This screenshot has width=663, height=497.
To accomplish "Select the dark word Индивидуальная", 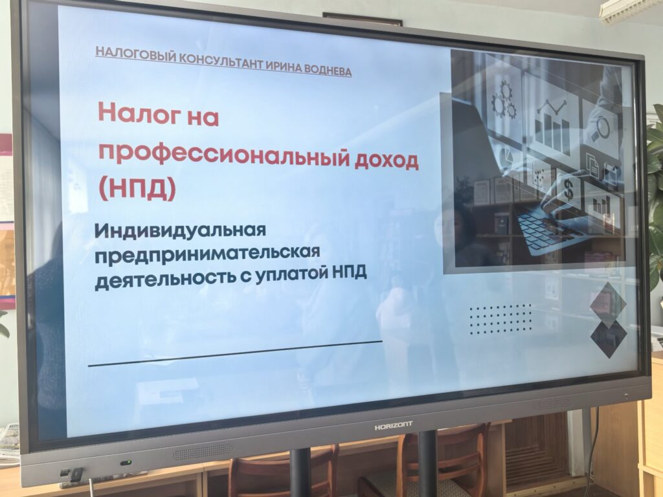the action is [181, 230].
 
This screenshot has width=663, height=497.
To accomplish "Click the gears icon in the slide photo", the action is [504, 100].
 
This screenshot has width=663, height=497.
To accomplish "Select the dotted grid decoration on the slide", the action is [500, 319].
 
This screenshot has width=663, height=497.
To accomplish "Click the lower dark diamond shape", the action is [609, 338].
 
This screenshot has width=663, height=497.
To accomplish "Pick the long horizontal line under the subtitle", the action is [235, 353].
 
